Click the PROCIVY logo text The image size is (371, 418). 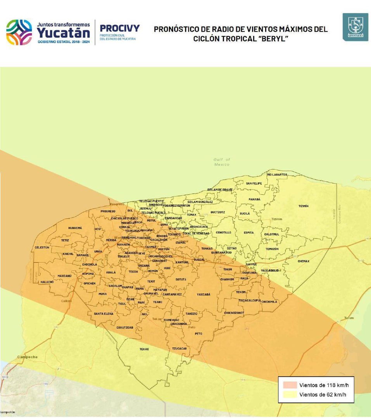pyautogui.click(x=120, y=28)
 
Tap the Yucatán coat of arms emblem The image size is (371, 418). pyautogui.click(x=355, y=27)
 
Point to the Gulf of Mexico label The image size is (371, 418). pyautogui.click(x=222, y=162)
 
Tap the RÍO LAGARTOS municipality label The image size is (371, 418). pyautogui.click(x=277, y=175)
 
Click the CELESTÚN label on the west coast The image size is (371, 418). pyautogui.click(x=42, y=247)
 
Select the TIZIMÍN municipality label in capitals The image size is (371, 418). pyautogui.click(x=304, y=206)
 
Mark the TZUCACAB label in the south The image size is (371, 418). pyautogui.click(x=179, y=348)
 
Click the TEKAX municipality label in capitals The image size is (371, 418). pyautogui.click(x=144, y=349)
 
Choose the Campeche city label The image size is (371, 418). pyautogui.click(x=28, y=357)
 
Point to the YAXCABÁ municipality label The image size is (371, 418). pyautogui.click(x=203, y=295)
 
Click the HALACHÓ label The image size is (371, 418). pyautogui.click(x=47, y=282)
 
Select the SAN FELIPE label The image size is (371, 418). pyautogui.click(x=254, y=183)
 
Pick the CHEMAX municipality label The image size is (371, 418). pyautogui.click(x=304, y=261)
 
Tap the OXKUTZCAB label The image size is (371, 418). pyautogui.click(x=125, y=327)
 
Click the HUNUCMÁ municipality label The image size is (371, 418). pyautogui.click(x=75, y=228)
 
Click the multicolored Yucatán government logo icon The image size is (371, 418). pyautogui.click(x=19, y=32)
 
